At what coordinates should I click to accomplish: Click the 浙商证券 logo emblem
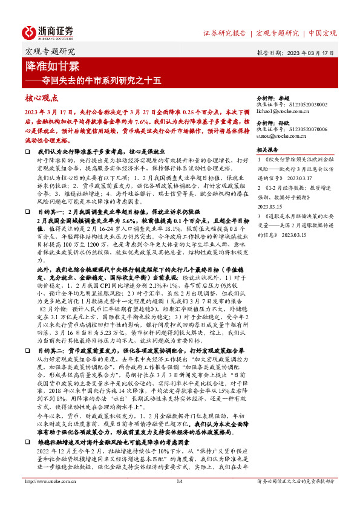pos(31,32)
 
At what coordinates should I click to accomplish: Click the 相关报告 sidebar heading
pos(267,149)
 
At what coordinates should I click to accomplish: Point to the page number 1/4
pos(180,498)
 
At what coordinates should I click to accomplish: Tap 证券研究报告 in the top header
pos(224,33)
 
